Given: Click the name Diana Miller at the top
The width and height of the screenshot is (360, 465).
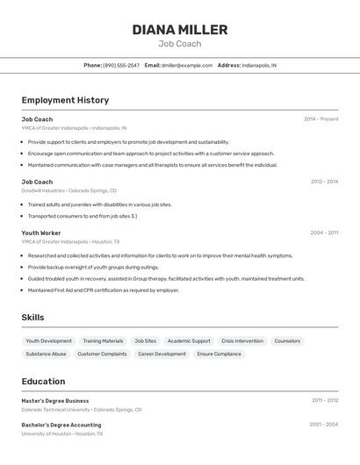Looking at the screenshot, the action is point(180,30).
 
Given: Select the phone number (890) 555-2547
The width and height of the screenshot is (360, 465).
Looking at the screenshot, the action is point(121,65).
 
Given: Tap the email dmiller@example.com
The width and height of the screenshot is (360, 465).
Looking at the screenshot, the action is point(187,65).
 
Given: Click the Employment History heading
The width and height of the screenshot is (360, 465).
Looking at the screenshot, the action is point(65,100).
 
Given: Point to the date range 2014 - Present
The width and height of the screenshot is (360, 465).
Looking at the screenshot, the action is point(320,119).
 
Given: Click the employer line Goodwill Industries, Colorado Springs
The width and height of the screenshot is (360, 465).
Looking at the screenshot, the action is point(68,190).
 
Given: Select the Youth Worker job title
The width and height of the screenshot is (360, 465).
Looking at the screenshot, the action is point(41,233).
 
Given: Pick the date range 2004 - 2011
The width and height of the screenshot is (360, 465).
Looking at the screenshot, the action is point(324,233).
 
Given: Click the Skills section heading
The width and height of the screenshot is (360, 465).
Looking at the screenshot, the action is point(32,318).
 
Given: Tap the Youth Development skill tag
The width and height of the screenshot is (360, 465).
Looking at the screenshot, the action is point(49,341).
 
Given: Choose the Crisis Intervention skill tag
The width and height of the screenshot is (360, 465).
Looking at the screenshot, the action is point(242,341).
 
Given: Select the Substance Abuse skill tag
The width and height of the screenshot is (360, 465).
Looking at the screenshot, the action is point(46,354).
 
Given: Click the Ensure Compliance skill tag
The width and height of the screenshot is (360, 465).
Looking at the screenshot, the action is point(219,354).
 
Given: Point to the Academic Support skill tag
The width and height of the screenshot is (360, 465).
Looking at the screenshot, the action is point(189,341).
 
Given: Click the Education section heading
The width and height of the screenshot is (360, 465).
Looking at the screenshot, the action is point(43,382).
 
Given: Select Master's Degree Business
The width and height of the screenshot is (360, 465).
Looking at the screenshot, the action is point(55,401).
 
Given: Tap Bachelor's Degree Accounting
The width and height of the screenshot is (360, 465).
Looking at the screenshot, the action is point(61,425).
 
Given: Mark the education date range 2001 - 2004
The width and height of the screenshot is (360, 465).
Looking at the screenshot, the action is point(323,425).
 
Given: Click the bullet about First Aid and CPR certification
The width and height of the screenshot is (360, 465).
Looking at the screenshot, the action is point(103,290).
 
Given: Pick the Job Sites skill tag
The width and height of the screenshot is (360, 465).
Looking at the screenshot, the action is point(145,341).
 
